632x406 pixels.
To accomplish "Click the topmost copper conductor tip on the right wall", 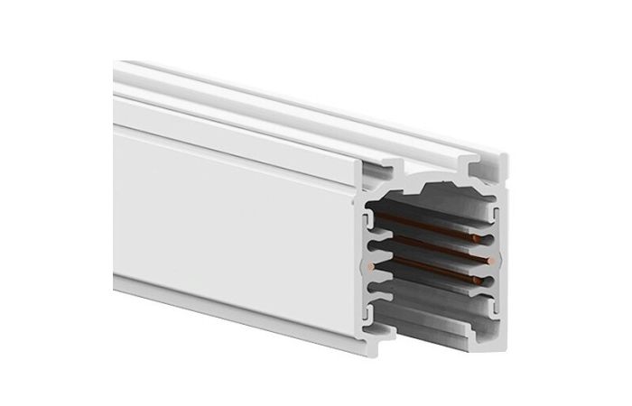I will coord(476,236).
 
